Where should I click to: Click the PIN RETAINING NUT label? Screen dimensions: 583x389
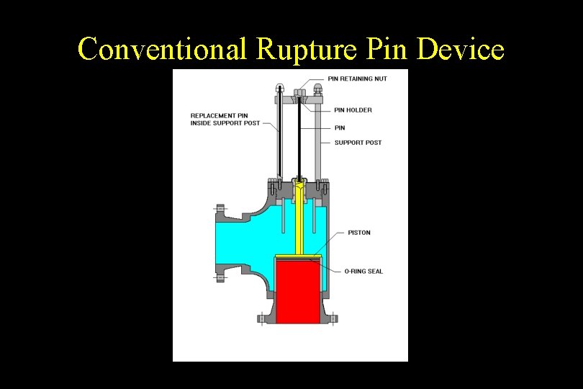point(357,79)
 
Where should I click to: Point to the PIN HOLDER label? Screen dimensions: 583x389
point(353,110)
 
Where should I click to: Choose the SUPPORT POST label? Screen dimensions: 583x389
point(358,143)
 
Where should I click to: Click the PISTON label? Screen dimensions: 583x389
point(359,233)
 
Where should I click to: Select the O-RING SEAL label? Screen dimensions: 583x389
point(363,272)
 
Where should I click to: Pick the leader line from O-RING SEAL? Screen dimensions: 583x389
point(333,269)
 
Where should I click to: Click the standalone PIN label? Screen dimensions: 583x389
point(340,128)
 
